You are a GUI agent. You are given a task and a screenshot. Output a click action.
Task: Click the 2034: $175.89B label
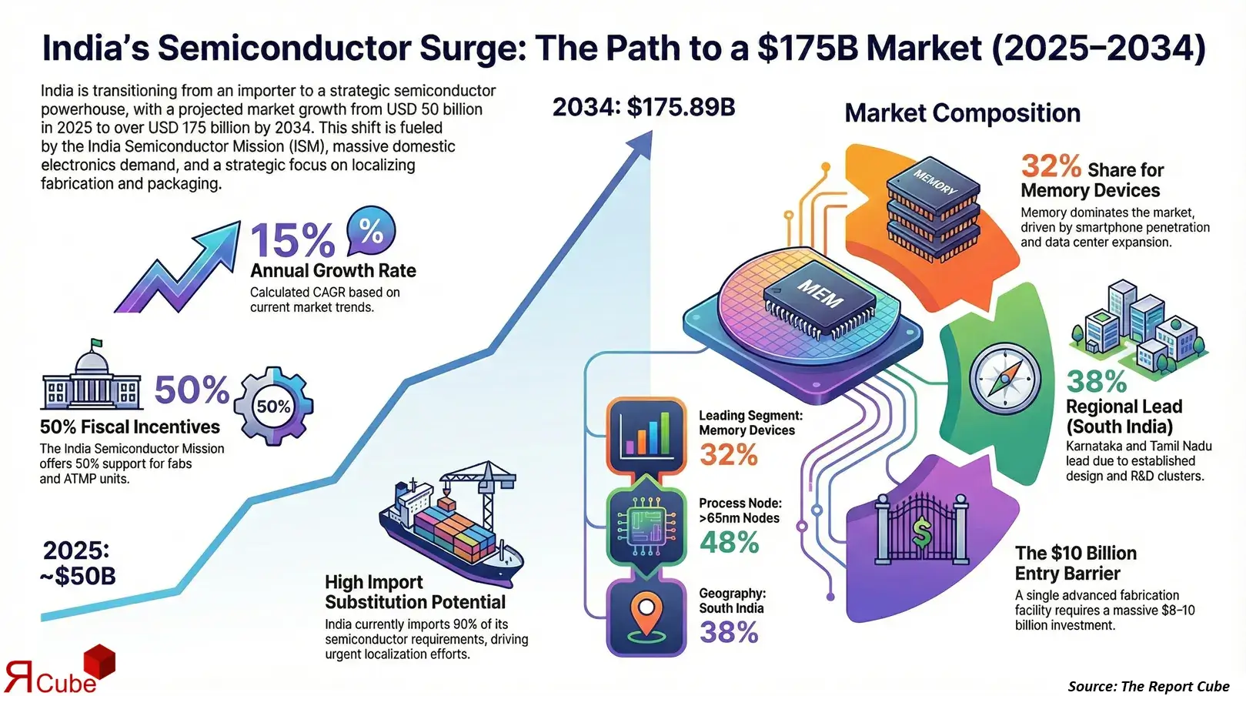(643, 107)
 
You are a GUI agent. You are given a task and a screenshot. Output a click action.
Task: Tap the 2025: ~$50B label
(78, 563)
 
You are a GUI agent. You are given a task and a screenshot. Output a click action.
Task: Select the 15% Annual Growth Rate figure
(292, 240)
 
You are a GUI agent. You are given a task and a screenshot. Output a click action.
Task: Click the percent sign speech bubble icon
(371, 231)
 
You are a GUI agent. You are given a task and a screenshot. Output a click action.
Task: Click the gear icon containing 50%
(273, 406)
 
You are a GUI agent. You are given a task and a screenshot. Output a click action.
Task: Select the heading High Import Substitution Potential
(415, 592)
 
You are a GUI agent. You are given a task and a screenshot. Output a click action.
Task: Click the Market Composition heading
(962, 113)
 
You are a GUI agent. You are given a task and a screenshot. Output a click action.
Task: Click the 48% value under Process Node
(729, 543)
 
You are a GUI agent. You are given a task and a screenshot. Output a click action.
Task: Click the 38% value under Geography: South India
(729, 633)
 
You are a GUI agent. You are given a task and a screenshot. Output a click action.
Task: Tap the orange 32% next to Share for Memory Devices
(1051, 166)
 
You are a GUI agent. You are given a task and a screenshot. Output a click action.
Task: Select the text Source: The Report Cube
(1148, 686)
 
